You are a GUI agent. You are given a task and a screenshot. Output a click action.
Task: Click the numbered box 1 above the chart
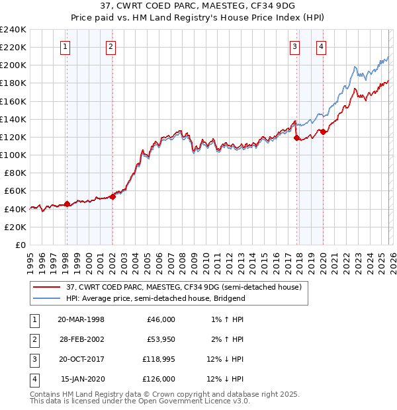(x=66, y=46)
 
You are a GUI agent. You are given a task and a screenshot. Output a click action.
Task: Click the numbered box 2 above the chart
(x=110, y=46)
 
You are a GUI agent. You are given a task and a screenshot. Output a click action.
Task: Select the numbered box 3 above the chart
(x=294, y=46)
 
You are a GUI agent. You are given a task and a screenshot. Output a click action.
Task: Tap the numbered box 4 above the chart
(x=321, y=46)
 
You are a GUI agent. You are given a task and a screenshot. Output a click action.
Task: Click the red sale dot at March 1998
(x=67, y=204)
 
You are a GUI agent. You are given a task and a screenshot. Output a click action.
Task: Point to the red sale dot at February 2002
(x=112, y=196)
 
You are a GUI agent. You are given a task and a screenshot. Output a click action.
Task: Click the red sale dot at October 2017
(x=296, y=138)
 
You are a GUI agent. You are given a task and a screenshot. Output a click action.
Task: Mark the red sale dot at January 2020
(x=323, y=132)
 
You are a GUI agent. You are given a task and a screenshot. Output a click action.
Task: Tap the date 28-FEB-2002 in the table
(x=81, y=339)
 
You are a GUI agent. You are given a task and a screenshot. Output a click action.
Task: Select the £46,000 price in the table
(x=161, y=319)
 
